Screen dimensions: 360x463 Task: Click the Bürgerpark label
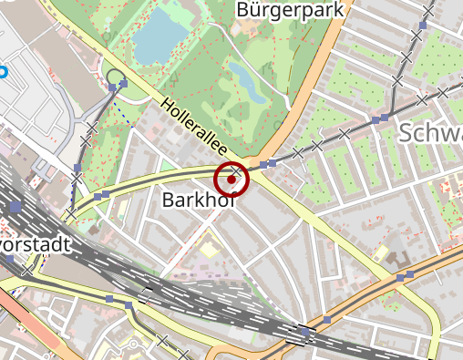(293, 11)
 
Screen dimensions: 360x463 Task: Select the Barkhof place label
(198, 200)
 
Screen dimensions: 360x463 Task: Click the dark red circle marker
(231, 180)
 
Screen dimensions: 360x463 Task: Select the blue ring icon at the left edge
(2, 70)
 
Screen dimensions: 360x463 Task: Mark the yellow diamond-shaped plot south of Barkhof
(209, 248)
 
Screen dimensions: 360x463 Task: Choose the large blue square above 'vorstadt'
(15, 207)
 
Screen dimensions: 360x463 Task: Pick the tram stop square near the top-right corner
(427, 8)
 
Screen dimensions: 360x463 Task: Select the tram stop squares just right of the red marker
(267, 164)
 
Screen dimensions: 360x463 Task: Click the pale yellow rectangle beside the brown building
(383, 252)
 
